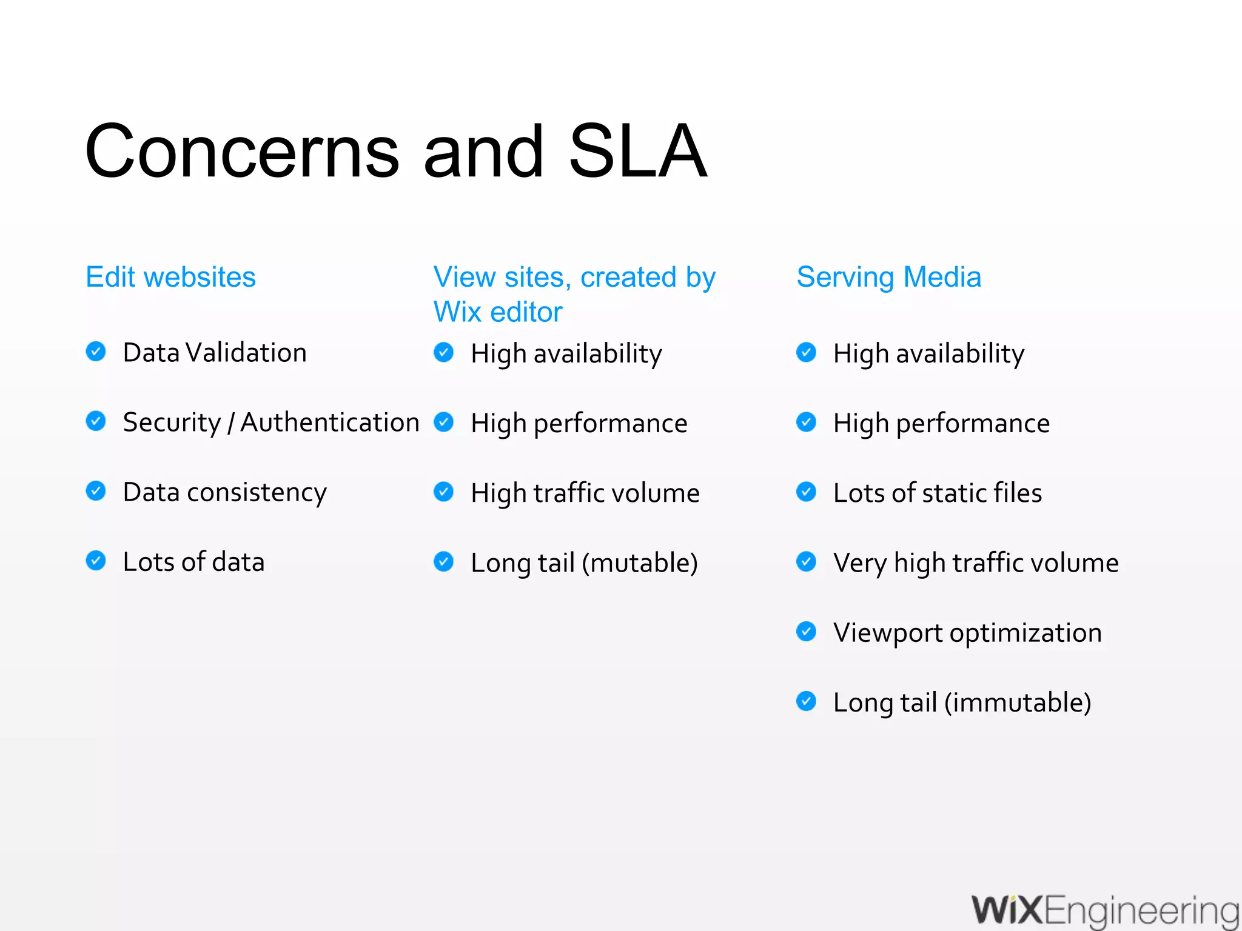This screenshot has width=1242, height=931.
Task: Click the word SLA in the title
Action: tap(638, 152)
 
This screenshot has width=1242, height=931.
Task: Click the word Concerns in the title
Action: tap(242, 152)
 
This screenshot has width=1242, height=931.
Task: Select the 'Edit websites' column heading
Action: tap(170, 277)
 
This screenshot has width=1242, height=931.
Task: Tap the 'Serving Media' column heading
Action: tap(888, 277)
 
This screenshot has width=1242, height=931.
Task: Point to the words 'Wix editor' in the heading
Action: tap(498, 312)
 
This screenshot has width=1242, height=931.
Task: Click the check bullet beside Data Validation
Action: tap(96, 351)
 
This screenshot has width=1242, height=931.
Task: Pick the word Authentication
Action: tap(330, 422)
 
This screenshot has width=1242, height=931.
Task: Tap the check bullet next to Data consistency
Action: tap(96, 490)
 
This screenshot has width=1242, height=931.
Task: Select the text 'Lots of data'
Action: tap(193, 562)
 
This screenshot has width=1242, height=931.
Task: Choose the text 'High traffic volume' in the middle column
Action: tap(585, 493)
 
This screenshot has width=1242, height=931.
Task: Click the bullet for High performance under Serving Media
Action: tap(806, 422)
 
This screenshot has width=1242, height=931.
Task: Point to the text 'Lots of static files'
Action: tap(938, 493)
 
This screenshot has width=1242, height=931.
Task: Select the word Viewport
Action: tap(887, 633)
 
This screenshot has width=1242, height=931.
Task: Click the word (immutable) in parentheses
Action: tap(1018, 703)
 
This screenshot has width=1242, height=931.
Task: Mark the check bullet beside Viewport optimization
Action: tap(806, 631)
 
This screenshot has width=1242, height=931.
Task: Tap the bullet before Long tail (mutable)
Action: tap(443, 561)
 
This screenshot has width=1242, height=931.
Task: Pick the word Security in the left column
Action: tap(172, 422)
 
